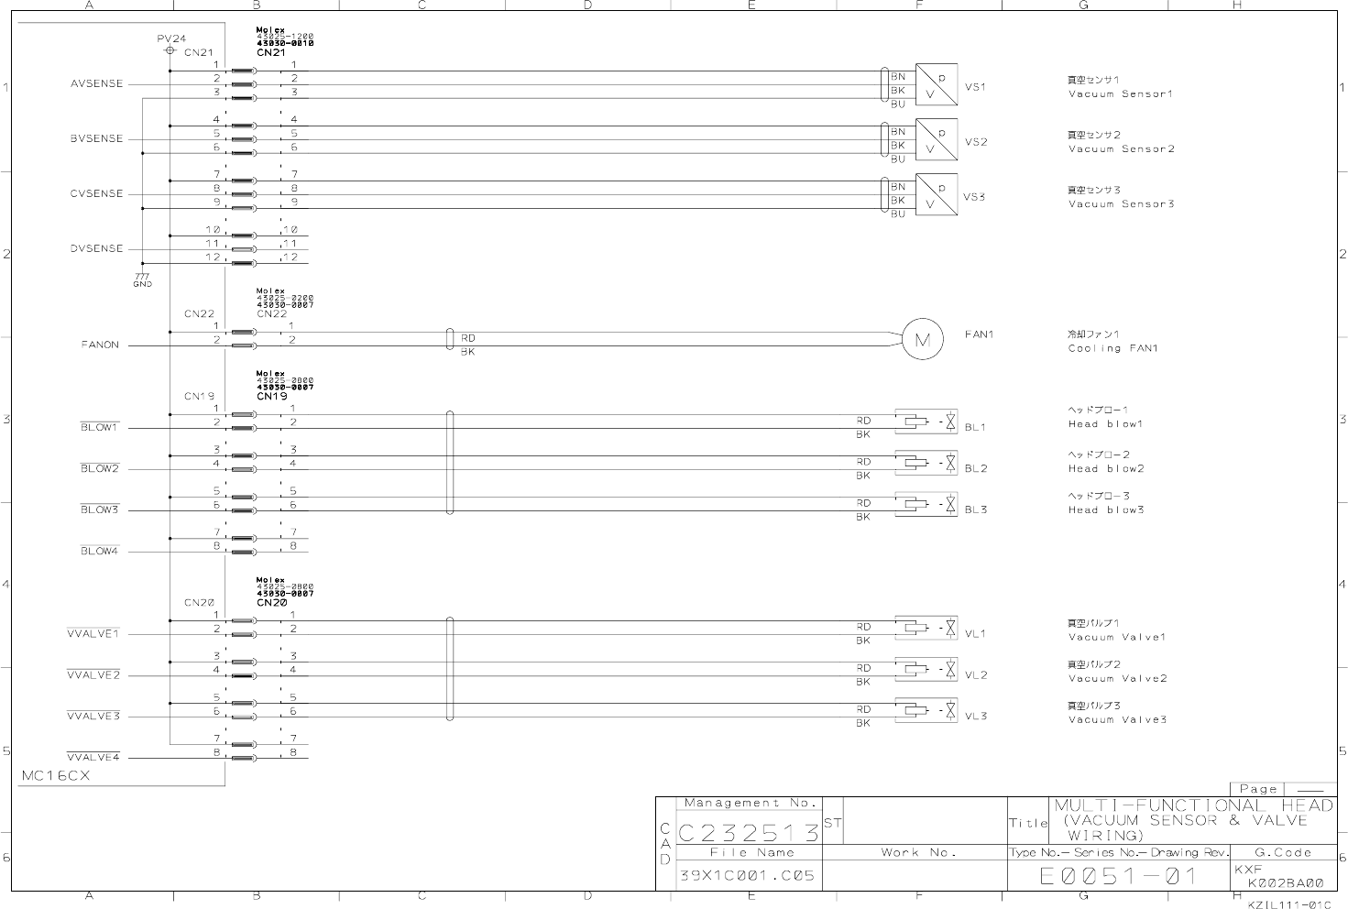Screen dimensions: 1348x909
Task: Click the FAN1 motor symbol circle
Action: point(922,341)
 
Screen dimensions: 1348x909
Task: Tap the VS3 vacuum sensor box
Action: point(936,194)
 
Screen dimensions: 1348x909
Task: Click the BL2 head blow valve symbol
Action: point(926,463)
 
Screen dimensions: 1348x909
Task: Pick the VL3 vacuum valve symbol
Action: point(926,710)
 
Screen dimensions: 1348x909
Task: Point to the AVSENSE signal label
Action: point(96,84)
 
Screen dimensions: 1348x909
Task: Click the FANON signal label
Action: point(100,345)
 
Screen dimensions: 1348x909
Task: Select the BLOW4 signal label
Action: point(99,552)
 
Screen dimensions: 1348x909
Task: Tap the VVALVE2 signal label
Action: point(93,675)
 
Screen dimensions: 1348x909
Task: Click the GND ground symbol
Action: point(142,279)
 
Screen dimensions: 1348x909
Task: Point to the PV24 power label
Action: point(171,39)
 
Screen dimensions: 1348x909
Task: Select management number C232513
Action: point(749,833)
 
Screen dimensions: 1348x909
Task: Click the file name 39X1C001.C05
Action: point(747,875)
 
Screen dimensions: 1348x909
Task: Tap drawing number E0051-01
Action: point(1118,876)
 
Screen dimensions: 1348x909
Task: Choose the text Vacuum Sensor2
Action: point(1121,148)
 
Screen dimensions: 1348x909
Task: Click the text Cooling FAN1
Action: point(1112,348)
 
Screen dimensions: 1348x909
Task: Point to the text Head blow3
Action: point(1105,509)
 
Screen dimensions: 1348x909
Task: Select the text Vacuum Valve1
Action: point(1116,637)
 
